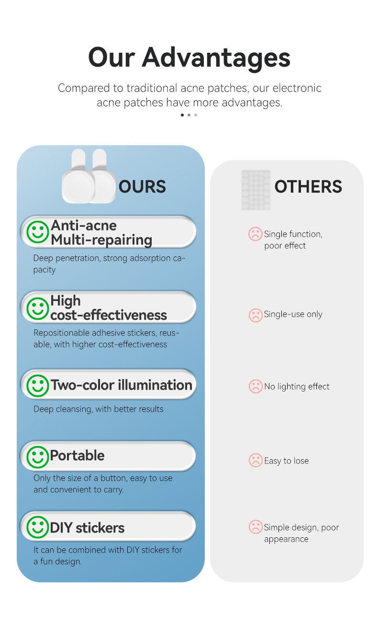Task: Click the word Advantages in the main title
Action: coord(216,58)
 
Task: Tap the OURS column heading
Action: coord(142,186)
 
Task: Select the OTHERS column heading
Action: coord(308,186)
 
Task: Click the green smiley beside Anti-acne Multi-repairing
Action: coord(38,232)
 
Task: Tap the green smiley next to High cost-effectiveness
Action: coord(38,308)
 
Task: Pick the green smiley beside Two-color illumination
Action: coord(38,385)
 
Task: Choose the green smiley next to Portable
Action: coord(38,457)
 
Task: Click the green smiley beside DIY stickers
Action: coord(38,527)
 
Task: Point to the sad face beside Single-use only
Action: coord(256,315)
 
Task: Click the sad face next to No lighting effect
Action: coord(256,386)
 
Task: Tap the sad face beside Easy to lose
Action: coord(256,460)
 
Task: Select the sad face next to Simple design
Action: coord(256,527)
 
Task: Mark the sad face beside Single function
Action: coord(256,234)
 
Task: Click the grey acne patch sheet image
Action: coord(256,190)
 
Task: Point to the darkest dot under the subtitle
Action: coord(182,115)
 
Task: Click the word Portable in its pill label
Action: coord(77,456)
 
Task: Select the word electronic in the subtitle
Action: coord(297,88)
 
